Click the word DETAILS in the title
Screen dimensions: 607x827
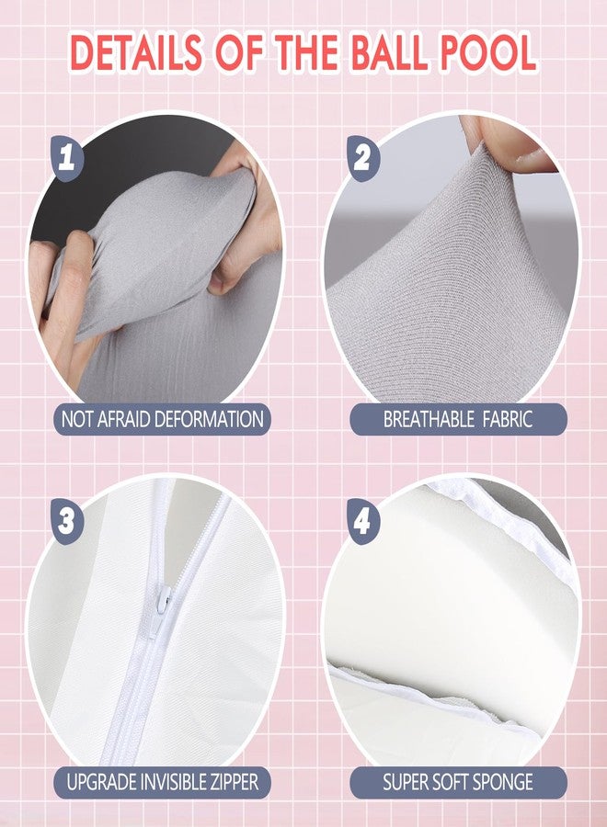(x=136, y=53)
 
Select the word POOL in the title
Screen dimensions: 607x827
(x=488, y=53)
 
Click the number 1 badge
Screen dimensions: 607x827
(x=67, y=157)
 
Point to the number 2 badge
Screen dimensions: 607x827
(x=363, y=157)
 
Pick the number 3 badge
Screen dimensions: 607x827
(x=67, y=522)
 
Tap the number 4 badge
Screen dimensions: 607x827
(x=363, y=522)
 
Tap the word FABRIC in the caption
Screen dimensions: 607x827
(x=507, y=419)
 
